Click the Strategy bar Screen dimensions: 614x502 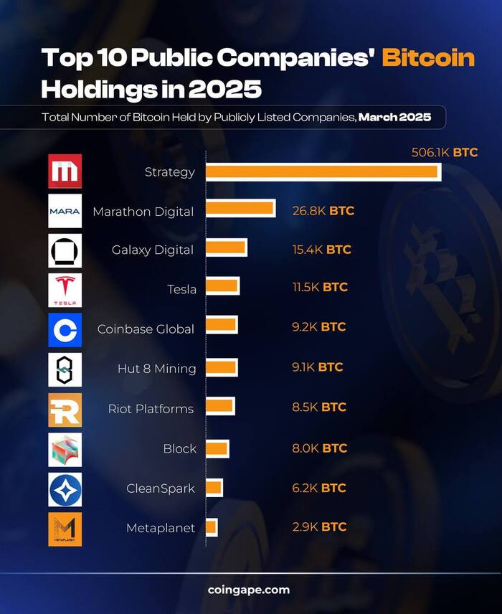pyautogui.click(x=323, y=171)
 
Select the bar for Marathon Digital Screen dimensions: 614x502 pyautogui.click(x=240, y=209)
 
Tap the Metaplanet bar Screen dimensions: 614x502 pyautogui.click(x=212, y=527)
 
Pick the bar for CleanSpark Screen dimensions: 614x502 pyautogui.click(x=214, y=488)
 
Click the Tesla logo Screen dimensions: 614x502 pyautogui.click(x=65, y=290)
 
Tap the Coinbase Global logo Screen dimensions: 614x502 pyautogui.click(x=65, y=329)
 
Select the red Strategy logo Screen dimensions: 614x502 pyautogui.click(x=65, y=171)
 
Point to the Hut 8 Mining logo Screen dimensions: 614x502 pyautogui.click(x=65, y=369)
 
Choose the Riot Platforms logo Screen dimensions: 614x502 pyautogui.click(x=65, y=410)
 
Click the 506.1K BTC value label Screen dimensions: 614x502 pyautogui.click(x=444, y=153)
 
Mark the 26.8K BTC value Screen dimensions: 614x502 pyautogui.click(x=323, y=211)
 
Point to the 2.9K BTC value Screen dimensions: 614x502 pyautogui.click(x=319, y=526)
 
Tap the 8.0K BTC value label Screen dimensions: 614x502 pyautogui.click(x=320, y=448)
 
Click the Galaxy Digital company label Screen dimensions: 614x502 pyautogui.click(x=153, y=250)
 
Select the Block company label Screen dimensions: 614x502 pyautogui.click(x=179, y=448)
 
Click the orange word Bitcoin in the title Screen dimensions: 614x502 pyautogui.click(x=428, y=57)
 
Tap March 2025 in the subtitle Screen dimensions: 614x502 pyautogui.click(x=394, y=117)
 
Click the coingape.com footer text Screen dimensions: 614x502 pyautogui.click(x=249, y=590)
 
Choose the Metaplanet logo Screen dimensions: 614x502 pyautogui.click(x=65, y=529)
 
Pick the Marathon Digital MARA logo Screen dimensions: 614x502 pyautogui.click(x=65, y=211)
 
